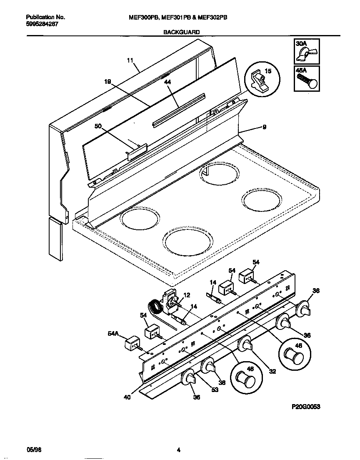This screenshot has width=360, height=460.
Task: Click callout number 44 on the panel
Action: [167, 83]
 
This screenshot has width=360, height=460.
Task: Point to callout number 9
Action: [264, 128]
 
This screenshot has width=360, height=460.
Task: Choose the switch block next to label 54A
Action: [132, 344]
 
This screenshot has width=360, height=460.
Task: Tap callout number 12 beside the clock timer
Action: [187, 295]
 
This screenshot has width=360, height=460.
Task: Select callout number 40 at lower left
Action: [127, 397]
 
